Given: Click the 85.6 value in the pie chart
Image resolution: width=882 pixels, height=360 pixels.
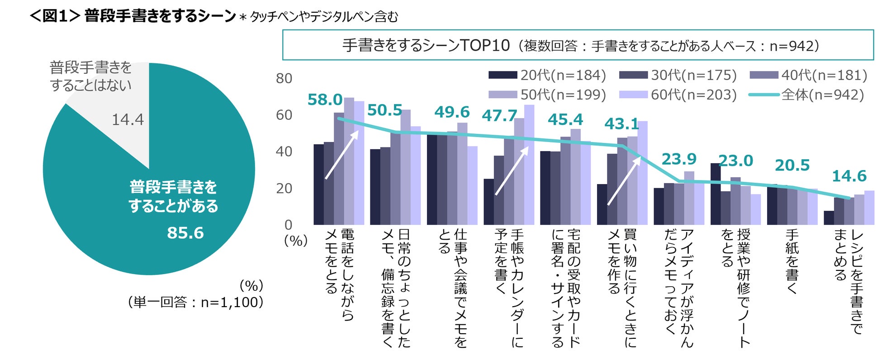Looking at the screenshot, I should (x=185, y=233).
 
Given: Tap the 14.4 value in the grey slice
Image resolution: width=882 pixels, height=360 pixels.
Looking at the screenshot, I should (x=128, y=119).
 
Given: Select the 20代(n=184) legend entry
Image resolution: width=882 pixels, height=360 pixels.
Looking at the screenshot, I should (x=547, y=75).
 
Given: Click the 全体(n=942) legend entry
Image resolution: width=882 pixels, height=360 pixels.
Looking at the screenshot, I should (x=806, y=95).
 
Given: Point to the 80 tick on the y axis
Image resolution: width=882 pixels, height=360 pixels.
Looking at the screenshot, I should (x=284, y=79).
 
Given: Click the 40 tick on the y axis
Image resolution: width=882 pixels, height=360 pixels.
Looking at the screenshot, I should (x=284, y=152).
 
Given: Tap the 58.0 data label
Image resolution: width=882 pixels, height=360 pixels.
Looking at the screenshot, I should (x=325, y=99).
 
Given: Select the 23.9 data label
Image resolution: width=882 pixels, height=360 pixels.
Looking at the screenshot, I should (x=679, y=159).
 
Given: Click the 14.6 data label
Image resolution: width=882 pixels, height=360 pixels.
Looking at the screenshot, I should (x=849, y=176).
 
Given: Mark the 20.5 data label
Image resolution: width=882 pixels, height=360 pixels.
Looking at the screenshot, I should (x=792, y=165).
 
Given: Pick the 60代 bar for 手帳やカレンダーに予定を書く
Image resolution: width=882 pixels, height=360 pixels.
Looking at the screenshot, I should (x=529, y=165).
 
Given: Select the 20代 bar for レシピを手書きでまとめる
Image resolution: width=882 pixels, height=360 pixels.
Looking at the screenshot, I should (x=829, y=218).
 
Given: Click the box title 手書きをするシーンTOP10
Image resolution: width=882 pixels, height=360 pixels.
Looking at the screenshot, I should (x=426, y=45).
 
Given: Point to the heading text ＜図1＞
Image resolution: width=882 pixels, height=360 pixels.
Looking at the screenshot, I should (x=55, y=16).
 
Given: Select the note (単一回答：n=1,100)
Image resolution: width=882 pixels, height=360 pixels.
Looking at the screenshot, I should (x=195, y=302).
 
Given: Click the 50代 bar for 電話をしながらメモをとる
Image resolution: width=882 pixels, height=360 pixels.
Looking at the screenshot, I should (x=349, y=161).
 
